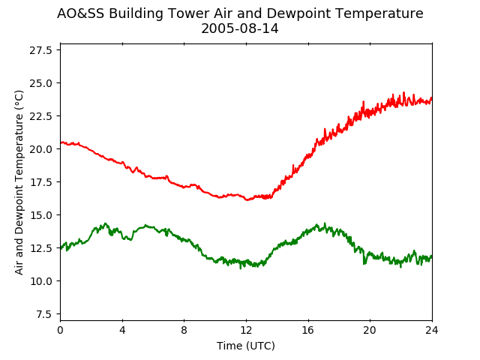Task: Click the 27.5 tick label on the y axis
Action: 40,50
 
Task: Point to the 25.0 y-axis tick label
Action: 40,83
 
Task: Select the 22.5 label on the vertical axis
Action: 40,116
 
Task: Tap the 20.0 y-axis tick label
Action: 40,149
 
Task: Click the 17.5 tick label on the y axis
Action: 40,182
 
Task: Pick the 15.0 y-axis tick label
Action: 40,215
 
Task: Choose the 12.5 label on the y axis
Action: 40,248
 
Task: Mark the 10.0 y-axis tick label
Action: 40,281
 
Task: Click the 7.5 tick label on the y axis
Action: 43,314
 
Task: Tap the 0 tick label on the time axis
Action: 60,330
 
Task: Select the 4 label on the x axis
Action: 122,330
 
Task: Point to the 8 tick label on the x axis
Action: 184,330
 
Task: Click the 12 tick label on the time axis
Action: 246,330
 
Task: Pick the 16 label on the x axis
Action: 308,330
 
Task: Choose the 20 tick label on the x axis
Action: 370,330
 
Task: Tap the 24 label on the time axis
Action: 432,330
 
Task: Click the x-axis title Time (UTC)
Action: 246,346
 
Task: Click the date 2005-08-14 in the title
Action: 240,28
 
